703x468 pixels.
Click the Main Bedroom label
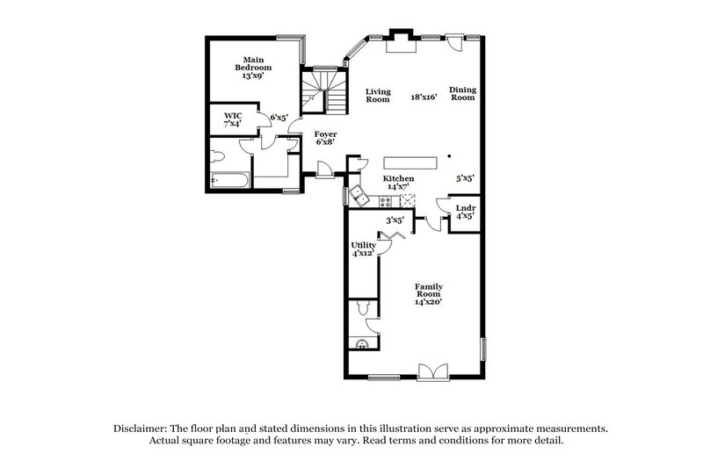252,68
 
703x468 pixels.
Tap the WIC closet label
233,119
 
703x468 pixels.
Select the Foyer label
325,139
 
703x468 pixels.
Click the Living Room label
378,95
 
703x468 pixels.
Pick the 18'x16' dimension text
424,97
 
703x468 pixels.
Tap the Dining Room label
462,93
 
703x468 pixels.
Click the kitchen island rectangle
409,162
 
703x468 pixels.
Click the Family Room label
428,293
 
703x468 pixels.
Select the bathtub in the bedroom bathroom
231,182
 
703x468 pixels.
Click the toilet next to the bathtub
220,158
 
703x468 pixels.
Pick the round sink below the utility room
362,344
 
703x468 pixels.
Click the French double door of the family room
432,372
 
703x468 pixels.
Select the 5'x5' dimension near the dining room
465,178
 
